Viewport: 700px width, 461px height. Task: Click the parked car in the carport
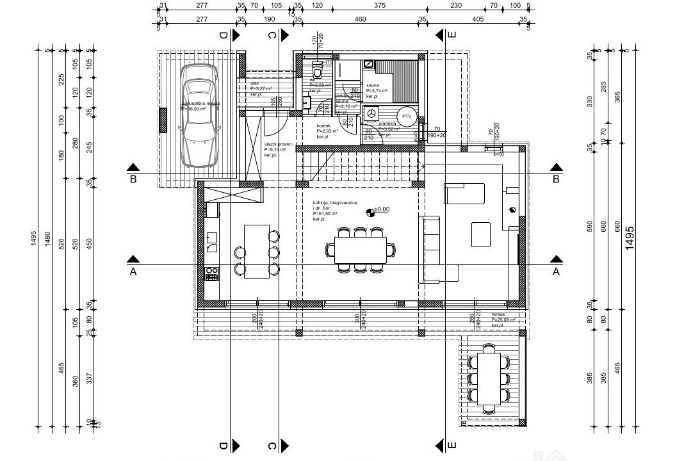coord(197,122)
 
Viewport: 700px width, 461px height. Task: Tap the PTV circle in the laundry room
coord(406,117)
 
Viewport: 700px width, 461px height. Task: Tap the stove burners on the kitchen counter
coord(211,273)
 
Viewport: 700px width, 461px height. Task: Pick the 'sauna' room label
coord(373,85)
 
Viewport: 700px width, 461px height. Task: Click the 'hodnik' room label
coord(323,125)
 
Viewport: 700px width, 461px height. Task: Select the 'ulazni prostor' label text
coord(278,145)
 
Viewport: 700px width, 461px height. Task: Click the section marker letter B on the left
coord(133,179)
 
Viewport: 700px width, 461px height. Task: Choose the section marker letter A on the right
coord(556,271)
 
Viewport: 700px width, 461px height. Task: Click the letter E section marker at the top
coord(452,35)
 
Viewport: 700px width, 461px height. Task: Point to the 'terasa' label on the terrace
coord(499,314)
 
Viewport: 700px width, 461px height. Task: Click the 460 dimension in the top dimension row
coord(360,19)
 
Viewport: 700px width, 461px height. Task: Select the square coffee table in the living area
coord(481,234)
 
